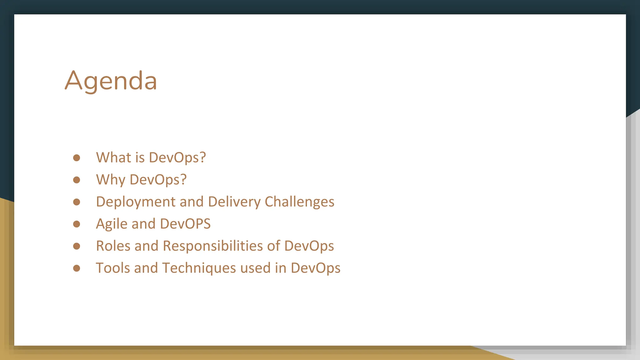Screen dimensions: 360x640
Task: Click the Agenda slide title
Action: coord(111,81)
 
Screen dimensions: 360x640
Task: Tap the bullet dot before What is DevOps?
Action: coord(77,157)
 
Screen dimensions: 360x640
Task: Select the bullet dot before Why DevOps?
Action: coord(77,180)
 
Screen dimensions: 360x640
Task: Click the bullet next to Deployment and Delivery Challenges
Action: coord(77,202)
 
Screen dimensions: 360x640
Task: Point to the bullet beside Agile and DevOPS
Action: coord(77,224)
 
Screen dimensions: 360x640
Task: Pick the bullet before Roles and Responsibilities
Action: coord(77,246)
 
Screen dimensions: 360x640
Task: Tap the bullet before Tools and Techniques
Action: coord(77,268)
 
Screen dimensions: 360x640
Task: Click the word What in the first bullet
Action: coord(113,157)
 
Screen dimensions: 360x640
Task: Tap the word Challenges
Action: coord(299,202)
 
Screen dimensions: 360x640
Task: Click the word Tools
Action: coord(113,268)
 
